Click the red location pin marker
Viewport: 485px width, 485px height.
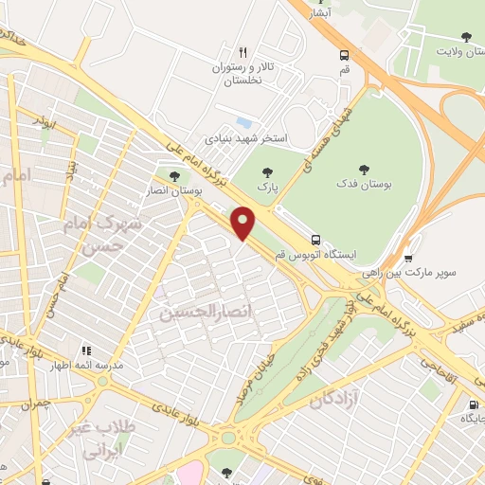pyautogui.click(x=244, y=222)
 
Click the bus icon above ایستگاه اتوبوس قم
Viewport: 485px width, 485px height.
pyautogui.click(x=315, y=240)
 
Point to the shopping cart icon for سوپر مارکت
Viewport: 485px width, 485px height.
pyautogui.click(x=408, y=257)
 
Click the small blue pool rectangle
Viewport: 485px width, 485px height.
pyautogui.click(x=244, y=122)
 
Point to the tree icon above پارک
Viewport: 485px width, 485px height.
pyautogui.click(x=268, y=171)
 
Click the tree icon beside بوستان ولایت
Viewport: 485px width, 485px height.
pyautogui.click(x=465, y=37)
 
